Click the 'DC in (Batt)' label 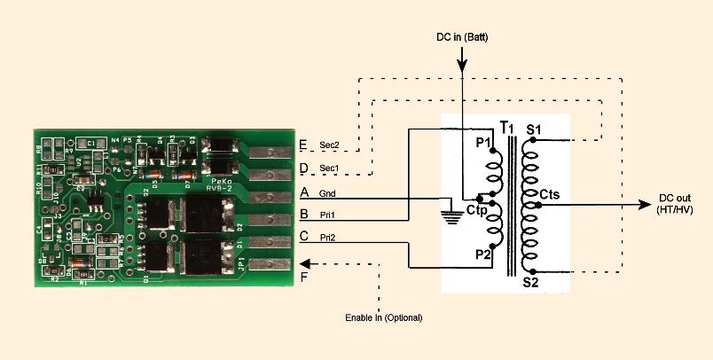pyautogui.click(x=461, y=36)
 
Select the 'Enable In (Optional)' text pyautogui.click(x=384, y=317)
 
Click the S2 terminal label pyautogui.click(x=530, y=282)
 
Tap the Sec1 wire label pyautogui.click(x=329, y=168)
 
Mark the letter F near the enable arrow pyautogui.click(x=305, y=278)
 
